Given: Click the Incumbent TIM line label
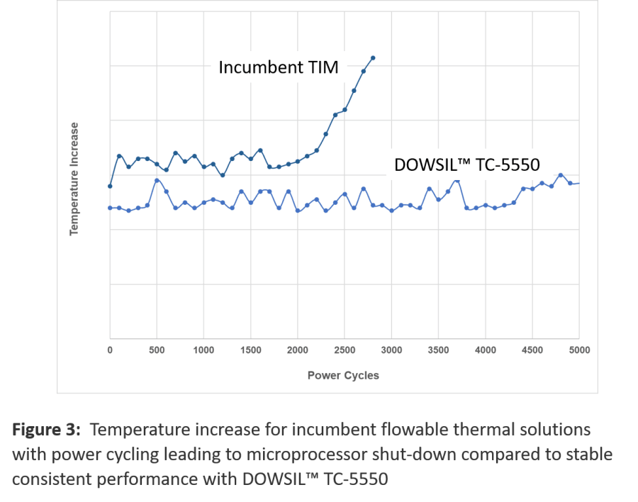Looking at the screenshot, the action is pos(279,67).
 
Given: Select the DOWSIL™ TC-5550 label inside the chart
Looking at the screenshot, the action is pos(466,164).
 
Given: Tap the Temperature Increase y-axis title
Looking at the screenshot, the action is pos(74,179).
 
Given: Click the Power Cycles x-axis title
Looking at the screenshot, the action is pos(343,375).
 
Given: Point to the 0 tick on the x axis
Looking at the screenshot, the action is pos(110,350).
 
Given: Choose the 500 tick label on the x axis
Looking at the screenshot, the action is pos(157,350).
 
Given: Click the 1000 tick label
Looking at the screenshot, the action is pos(203,350).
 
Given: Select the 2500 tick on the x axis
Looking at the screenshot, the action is pos(345,350).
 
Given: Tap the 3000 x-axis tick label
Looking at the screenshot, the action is pos(391,350).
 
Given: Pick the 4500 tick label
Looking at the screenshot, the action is pos(532,350).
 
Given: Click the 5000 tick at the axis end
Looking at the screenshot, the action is pos(579,350).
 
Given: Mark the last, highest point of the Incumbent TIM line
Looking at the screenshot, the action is pos(373,58).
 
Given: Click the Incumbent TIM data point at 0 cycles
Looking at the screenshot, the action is pos(110,186).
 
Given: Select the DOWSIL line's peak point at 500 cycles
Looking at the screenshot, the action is pos(157,180).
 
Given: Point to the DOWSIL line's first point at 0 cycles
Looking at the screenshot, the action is pos(110,208).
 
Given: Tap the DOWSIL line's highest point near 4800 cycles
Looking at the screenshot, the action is pos(561,175).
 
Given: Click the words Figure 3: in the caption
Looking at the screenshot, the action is pos(46,430).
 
